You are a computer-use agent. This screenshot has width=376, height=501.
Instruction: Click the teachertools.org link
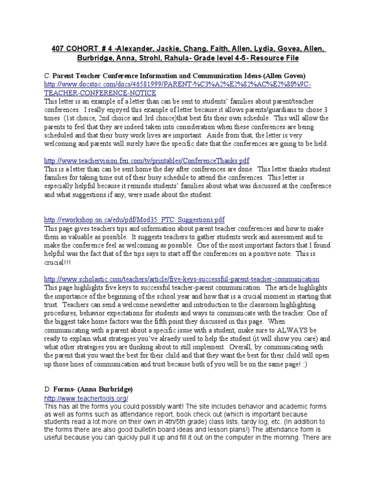tap(86, 399)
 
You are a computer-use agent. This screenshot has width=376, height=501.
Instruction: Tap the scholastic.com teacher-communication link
tap(182, 279)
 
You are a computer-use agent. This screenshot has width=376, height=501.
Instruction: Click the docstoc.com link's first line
tap(178, 85)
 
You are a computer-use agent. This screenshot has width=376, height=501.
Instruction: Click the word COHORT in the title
tap(87, 49)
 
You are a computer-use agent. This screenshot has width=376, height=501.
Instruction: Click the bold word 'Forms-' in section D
tap(64, 389)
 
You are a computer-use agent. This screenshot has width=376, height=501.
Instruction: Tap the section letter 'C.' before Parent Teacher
tap(47, 76)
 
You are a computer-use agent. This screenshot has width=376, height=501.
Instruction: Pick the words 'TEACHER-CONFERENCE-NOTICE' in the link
tap(100, 93)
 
